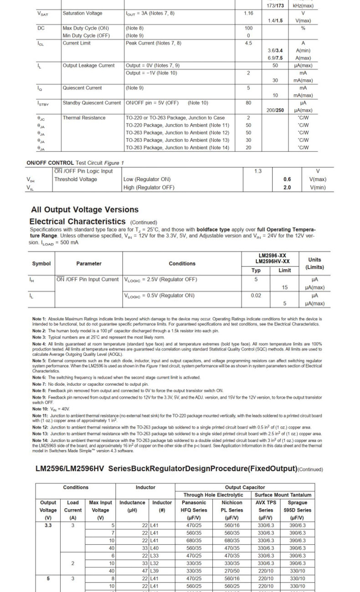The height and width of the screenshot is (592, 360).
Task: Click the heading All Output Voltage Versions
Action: [85, 209]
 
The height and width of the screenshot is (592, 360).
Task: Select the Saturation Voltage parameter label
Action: [82, 13]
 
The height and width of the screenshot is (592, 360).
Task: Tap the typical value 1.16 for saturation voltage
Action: [248, 13]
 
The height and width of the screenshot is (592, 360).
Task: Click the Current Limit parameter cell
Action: [77, 43]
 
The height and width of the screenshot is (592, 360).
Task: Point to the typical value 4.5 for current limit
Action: [248, 43]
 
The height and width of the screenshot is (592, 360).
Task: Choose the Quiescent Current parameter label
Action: [82, 88]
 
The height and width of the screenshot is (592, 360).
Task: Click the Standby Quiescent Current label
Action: [92, 103]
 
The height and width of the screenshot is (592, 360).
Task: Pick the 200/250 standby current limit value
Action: [275, 110]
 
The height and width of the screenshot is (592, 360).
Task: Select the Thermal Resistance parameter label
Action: [84, 118]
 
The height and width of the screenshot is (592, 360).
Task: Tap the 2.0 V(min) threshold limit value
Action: [287, 187]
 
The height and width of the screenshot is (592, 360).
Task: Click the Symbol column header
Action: [41, 264]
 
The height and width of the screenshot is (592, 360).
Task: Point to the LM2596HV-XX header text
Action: [272, 261]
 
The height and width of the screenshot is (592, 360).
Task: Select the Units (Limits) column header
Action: [314, 263]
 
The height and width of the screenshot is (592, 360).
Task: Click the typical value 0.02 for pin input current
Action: [256, 296]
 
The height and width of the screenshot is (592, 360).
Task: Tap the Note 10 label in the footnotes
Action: [39, 409]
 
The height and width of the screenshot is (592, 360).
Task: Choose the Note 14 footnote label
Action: [40, 441]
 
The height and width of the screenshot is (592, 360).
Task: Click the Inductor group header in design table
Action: [145, 487]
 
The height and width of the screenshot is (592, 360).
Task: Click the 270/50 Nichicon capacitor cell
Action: [232, 571]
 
